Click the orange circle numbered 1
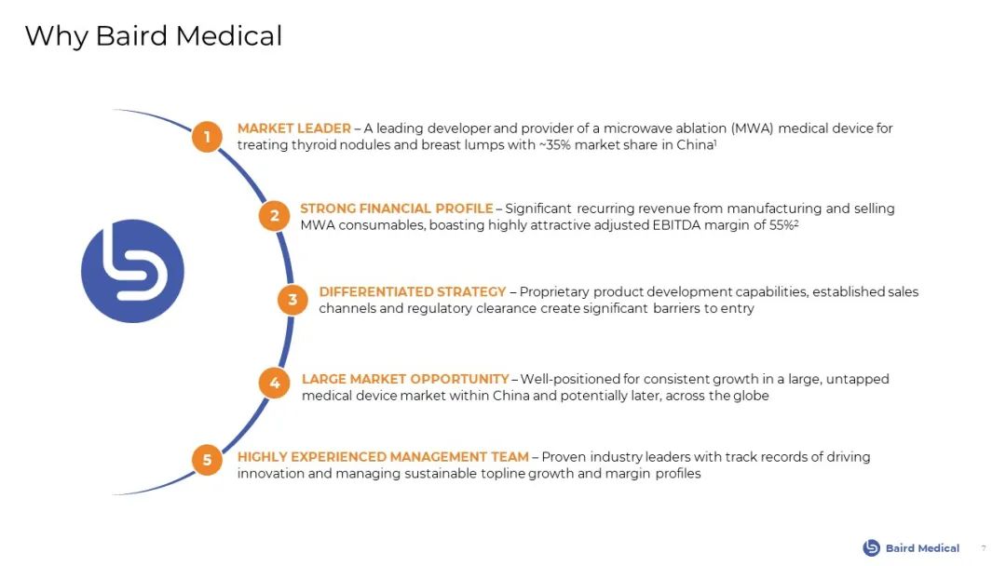(x=207, y=137)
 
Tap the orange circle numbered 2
(x=275, y=216)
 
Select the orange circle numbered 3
(x=293, y=300)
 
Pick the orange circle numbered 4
(x=275, y=383)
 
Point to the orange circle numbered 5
(x=207, y=460)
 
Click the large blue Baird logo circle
(x=133, y=271)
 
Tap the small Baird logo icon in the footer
(x=871, y=547)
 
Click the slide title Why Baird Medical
(x=154, y=36)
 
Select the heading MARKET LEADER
(x=293, y=128)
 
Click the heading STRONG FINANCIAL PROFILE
(x=397, y=209)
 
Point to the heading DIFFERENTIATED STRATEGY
(x=413, y=291)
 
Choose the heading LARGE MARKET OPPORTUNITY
(x=405, y=379)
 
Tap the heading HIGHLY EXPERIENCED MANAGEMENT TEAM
(x=383, y=457)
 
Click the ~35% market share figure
(x=555, y=145)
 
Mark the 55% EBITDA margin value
(x=782, y=225)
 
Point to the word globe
(x=751, y=397)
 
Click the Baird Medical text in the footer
(x=922, y=548)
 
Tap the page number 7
(x=984, y=548)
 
